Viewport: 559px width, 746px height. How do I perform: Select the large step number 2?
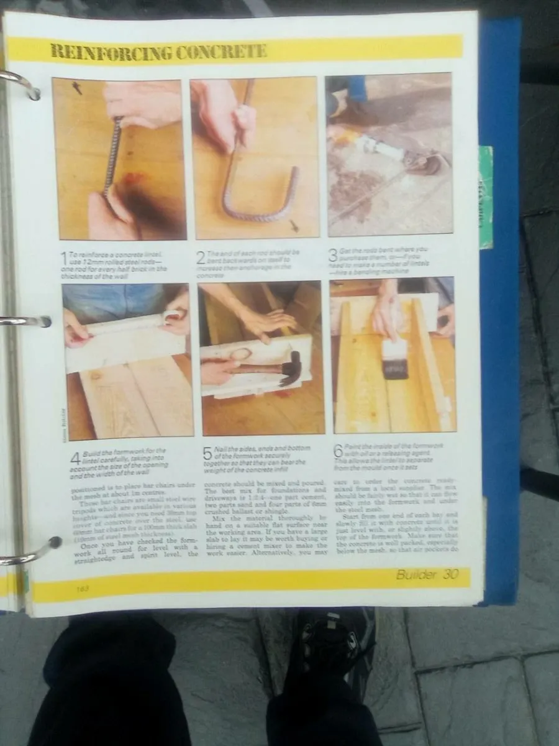pos(201,257)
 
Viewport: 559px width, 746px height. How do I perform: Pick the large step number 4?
pos(75,459)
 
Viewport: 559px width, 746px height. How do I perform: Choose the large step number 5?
pos(208,454)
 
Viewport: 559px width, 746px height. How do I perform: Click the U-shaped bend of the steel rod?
pos(261,211)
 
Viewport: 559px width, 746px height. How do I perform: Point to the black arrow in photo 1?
pos(77,88)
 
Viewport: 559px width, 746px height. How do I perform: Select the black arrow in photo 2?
pos(294,226)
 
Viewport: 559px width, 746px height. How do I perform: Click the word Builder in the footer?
pos(416,574)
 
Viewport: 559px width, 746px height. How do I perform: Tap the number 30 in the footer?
pos(451,574)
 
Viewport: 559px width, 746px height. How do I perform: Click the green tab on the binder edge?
pos(486,196)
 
